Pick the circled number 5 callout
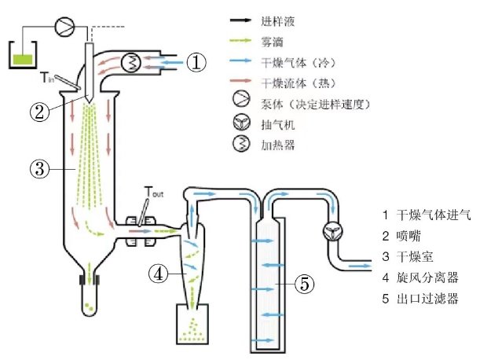pyautogui.click(x=303, y=285)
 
